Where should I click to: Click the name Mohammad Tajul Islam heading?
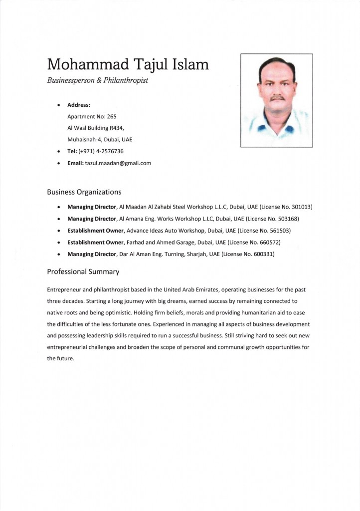(128, 64)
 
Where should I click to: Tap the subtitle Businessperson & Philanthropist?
(97, 80)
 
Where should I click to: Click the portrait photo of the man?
(276, 100)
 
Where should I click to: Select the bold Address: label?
(79, 105)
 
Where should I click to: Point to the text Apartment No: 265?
(92, 116)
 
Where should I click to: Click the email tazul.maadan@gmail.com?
(118, 163)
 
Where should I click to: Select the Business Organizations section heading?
(84, 192)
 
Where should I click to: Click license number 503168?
(286, 219)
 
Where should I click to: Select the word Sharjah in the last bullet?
(185, 254)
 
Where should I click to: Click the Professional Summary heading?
(83, 272)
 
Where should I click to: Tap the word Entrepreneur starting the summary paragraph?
(64, 289)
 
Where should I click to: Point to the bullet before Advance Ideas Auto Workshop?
(59, 231)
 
